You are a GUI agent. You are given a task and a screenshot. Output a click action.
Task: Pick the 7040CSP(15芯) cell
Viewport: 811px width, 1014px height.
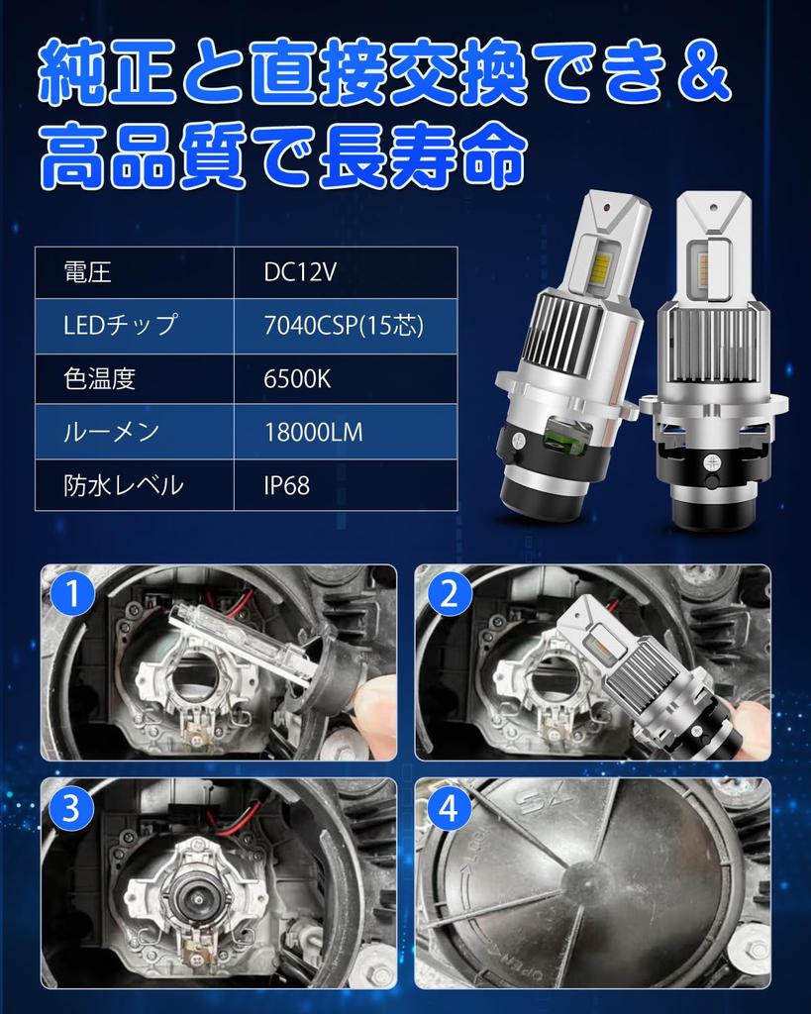[x=336, y=326]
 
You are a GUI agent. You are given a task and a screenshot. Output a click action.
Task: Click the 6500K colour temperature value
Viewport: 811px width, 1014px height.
[x=297, y=379]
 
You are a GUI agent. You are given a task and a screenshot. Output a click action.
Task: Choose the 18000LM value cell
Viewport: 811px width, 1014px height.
[x=313, y=433]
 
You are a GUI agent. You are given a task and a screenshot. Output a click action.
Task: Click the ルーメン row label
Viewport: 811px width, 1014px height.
[x=110, y=433]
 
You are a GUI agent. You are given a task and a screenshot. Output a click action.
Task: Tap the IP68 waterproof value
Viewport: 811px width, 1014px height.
[x=286, y=486]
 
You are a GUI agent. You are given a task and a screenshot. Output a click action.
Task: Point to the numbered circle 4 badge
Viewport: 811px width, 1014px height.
[x=449, y=810]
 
